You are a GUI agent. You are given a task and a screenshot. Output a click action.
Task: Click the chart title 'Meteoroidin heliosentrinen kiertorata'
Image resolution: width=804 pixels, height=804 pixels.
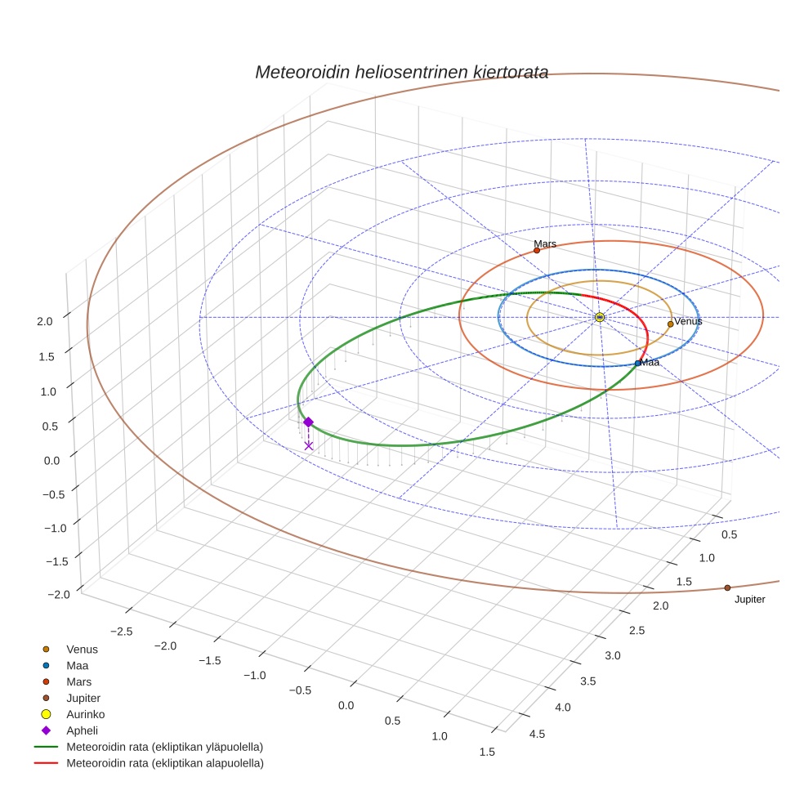(401, 72)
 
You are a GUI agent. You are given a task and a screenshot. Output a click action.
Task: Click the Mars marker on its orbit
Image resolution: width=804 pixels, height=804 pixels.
(537, 251)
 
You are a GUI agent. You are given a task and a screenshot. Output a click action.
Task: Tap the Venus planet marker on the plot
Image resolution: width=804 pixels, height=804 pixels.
(670, 324)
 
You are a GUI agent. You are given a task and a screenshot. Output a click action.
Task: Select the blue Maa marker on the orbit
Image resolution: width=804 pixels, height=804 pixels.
(638, 364)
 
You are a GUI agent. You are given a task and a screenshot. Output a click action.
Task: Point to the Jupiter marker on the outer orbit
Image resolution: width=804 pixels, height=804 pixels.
(727, 587)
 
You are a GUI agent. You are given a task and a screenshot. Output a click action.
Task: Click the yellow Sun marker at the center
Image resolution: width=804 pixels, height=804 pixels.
(600, 317)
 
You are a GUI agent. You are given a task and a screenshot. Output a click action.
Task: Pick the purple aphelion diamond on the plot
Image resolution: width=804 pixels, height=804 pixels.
(308, 422)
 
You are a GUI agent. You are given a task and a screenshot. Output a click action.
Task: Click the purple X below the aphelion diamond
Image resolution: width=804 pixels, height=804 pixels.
(308, 445)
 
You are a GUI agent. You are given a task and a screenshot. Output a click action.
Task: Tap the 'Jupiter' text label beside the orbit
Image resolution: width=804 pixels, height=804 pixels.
(749, 600)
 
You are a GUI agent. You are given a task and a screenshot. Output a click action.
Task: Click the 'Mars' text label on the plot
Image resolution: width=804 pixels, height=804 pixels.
(545, 243)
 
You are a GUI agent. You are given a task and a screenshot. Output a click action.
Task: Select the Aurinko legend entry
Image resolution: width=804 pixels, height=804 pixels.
(85, 714)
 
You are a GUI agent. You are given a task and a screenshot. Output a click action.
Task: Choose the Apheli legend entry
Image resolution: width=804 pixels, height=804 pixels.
(82, 730)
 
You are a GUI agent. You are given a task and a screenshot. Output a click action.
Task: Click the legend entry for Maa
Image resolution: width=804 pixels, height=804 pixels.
(77, 665)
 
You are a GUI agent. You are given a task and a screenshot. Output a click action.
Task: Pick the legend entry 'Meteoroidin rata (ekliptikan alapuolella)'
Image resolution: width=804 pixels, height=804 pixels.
(164, 763)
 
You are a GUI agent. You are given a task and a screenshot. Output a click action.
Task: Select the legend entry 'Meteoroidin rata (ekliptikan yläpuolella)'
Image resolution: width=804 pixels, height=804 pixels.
(164, 747)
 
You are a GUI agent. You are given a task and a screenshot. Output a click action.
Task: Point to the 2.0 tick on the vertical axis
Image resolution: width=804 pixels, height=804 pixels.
(44, 322)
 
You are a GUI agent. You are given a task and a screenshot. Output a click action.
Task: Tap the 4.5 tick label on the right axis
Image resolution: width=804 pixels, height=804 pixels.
(538, 733)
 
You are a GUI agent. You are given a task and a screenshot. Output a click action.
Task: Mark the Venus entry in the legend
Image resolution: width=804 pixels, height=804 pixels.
(82, 649)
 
